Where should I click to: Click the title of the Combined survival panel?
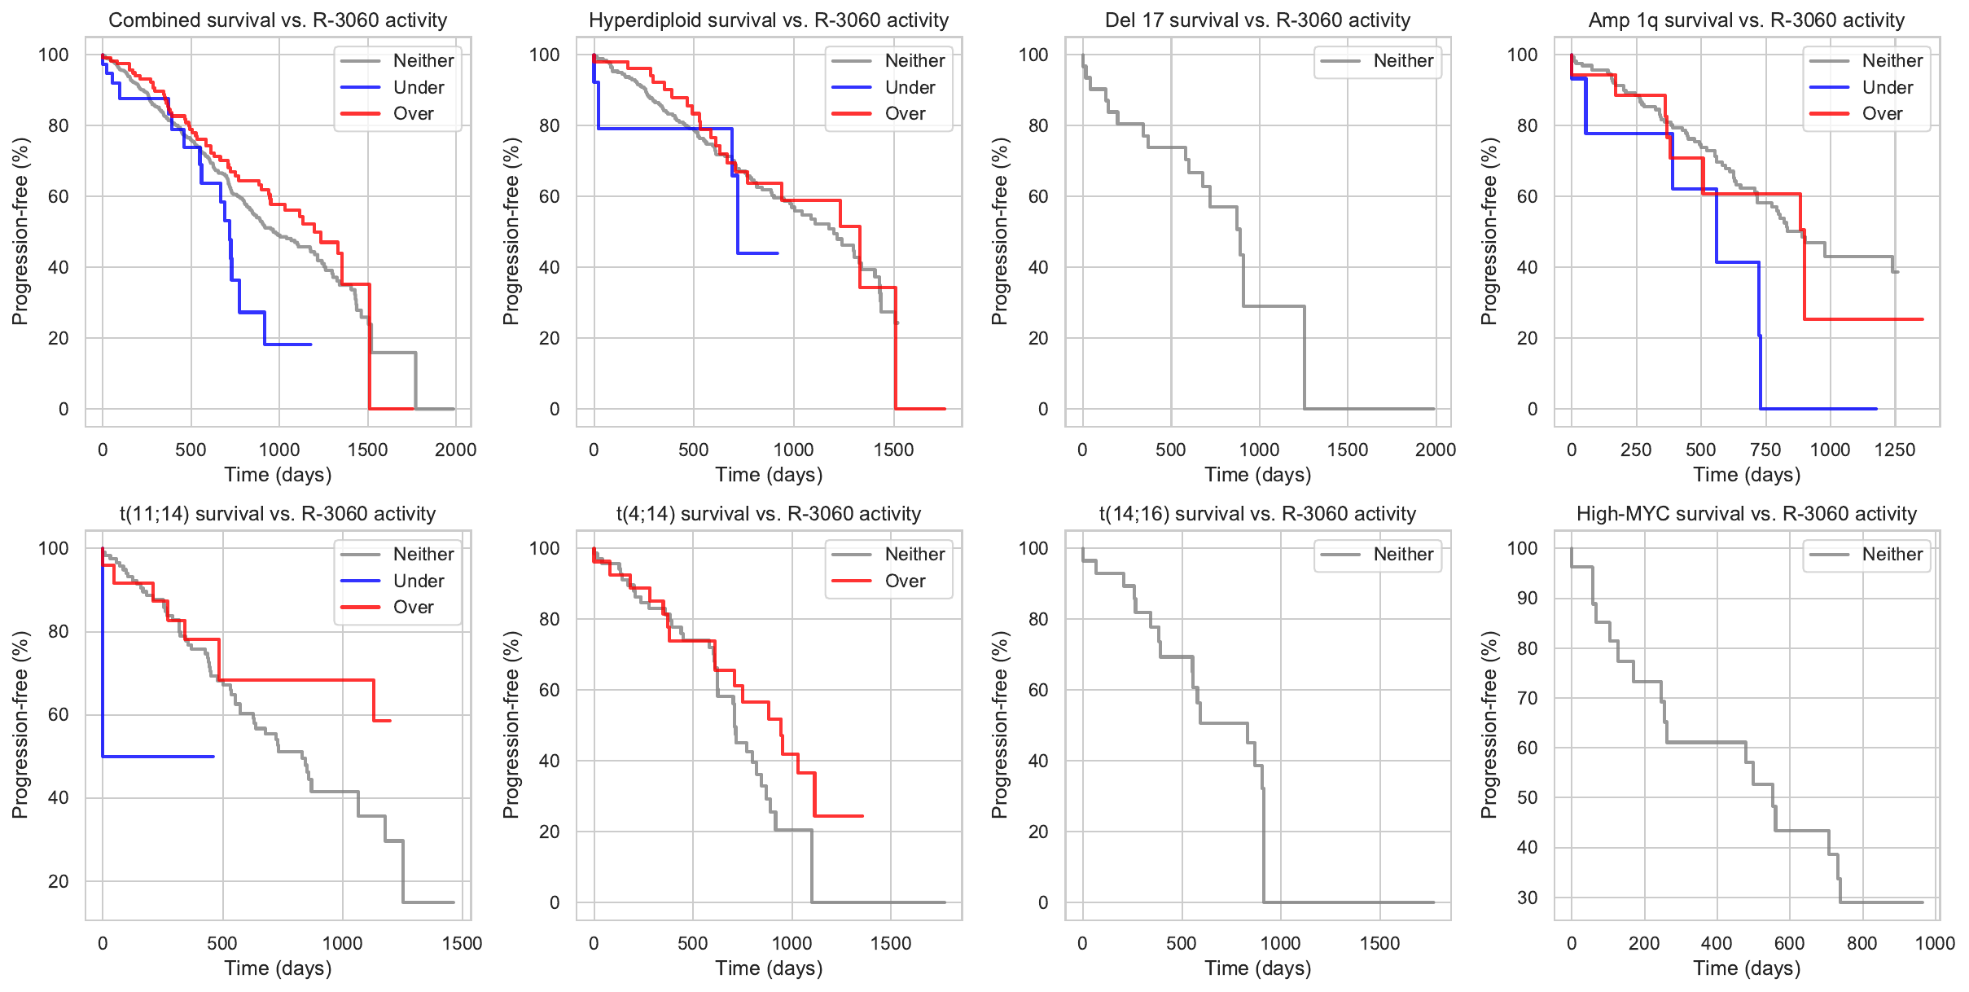[x=278, y=20]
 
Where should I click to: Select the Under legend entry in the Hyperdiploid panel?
[x=909, y=88]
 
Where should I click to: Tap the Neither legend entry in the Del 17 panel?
[x=1402, y=61]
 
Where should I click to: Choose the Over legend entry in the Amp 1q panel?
[x=1881, y=114]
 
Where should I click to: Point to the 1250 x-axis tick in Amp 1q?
[x=1894, y=450]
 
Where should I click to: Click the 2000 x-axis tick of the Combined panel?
[x=455, y=450]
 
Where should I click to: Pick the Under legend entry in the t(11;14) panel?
[x=418, y=582]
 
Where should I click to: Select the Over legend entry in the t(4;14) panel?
[x=904, y=582]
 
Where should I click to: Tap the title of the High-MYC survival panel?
[x=1746, y=514]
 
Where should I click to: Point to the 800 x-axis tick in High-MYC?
[x=1862, y=944]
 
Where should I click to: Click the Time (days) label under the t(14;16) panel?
[x=1257, y=968]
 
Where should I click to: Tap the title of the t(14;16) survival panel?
[x=1257, y=514]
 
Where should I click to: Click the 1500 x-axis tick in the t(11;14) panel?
[x=462, y=944]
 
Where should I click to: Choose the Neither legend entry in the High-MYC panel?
[x=1891, y=555]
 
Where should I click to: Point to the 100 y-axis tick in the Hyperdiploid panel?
[x=544, y=55]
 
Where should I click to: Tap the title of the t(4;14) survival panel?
[x=768, y=514]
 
